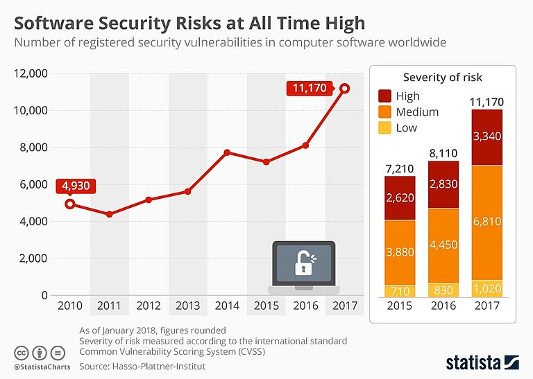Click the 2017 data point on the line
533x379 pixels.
click(345, 89)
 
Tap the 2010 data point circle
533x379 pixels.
click(70, 204)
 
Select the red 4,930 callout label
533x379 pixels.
click(76, 186)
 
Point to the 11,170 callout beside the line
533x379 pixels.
click(310, 88)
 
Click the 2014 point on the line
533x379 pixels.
click(227, 152)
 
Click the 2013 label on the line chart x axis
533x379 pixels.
click(187, 306)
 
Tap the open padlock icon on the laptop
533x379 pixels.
click(303, 262)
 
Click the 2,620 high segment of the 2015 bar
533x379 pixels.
click(400, 198)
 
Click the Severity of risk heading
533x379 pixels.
click(442, 77)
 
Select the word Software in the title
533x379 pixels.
click(53, 24)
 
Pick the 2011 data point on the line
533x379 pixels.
click(109, 214)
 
